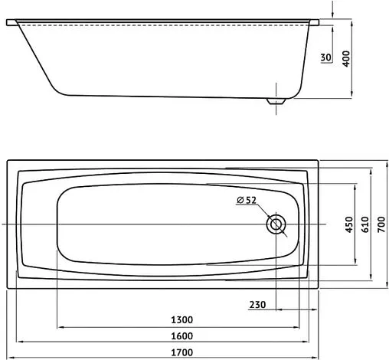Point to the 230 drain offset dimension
(258, 305)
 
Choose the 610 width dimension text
(366, 223)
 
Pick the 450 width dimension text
(348, 223)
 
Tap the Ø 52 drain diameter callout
(246, 200)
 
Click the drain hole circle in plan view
(276, 224)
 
